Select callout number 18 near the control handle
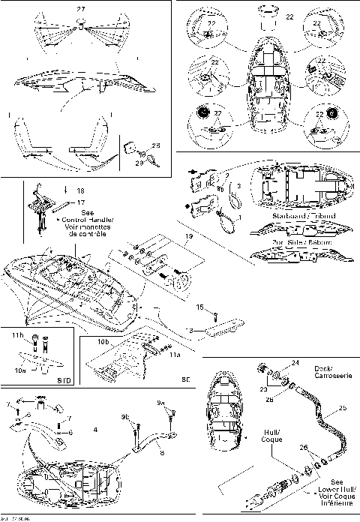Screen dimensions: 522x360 [x=80, y=191]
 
